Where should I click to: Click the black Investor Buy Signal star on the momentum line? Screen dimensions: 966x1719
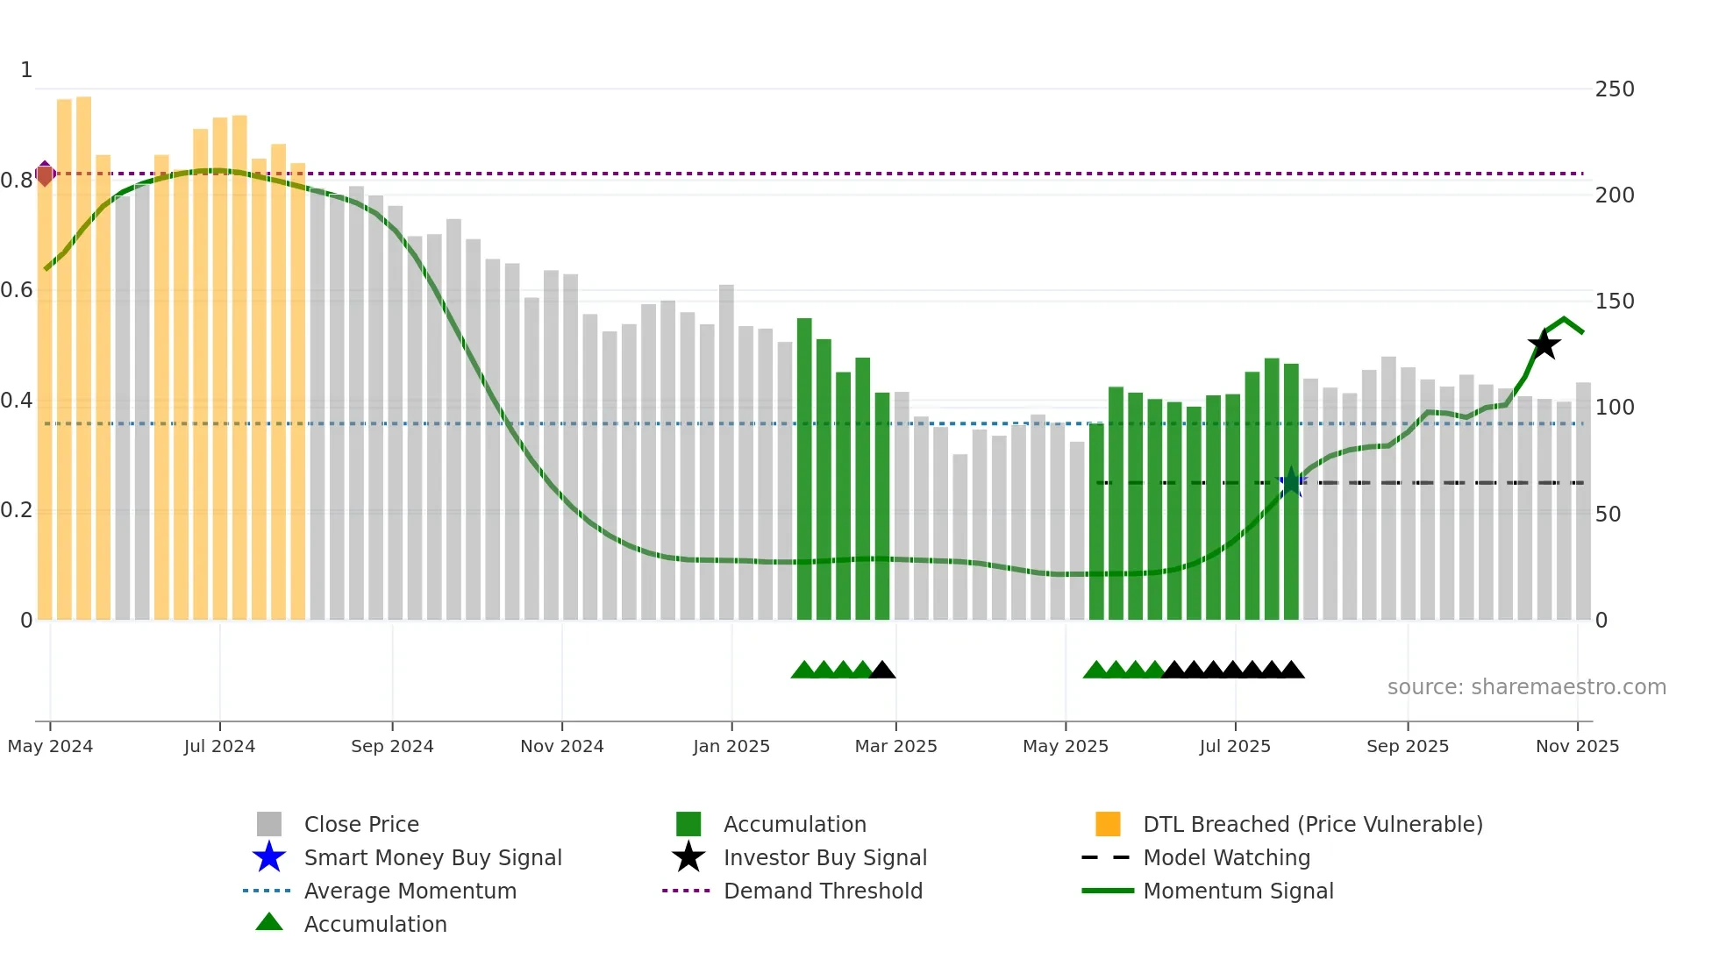tap(1544, 344)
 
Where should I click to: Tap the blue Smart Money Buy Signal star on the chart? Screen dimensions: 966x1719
tap(1290, 482)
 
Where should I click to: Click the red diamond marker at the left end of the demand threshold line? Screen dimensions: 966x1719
tap(45, 174)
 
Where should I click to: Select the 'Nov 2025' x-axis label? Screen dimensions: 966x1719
tap(1577, 746)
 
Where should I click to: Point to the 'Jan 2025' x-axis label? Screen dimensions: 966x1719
tap(731, 746)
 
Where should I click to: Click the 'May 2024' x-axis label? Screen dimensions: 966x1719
tap(50, 746)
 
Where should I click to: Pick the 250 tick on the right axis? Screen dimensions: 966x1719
tap(1615, 89)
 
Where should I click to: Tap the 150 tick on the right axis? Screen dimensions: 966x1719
tap(1615, 302)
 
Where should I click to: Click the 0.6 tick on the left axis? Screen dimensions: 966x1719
tap(17, 290)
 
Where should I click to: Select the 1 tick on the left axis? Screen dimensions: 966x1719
tap(26, 70)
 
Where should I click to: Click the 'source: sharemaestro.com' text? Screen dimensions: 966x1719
tap(1526, 687)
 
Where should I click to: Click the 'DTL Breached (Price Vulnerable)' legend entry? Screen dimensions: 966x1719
tap(1312, 824)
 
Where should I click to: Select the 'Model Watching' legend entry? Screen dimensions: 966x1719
tap(1226, 857)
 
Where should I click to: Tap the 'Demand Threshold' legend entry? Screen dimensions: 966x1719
tap(823, 891)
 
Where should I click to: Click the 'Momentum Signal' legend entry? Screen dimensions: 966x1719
tap(1238, 891)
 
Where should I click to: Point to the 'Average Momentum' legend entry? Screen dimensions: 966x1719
tap(410, 891)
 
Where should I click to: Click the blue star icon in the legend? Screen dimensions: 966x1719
tap(269, 857)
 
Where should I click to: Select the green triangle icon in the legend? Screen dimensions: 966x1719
tap(269, 922)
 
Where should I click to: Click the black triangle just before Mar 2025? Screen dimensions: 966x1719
tap(881, 671)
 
